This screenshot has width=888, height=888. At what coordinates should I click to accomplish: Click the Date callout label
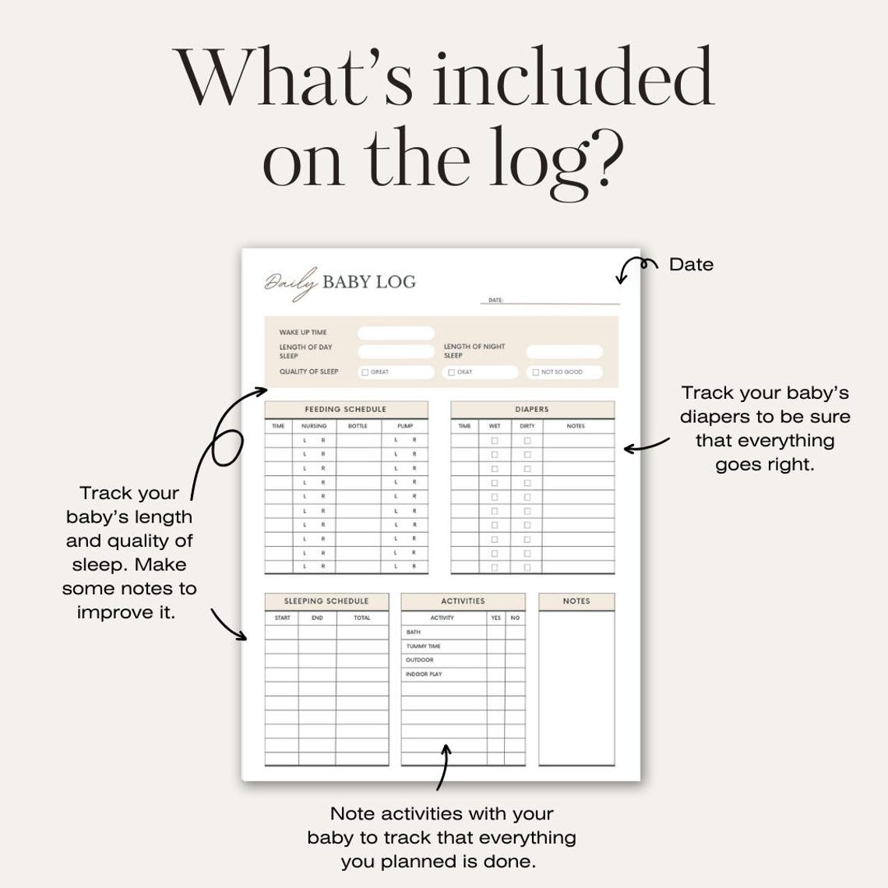pos(691,265)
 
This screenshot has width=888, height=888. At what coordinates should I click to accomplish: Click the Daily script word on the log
pos(290,282)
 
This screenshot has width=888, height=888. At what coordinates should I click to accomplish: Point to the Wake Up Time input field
pos(396,333)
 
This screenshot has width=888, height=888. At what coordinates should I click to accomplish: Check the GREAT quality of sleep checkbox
pos(365,372)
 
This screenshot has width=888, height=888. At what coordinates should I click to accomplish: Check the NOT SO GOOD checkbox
pos(535,372)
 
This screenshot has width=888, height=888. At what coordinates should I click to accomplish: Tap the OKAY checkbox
pos(451,372)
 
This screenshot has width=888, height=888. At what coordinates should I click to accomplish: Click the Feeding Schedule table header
pos(346,409)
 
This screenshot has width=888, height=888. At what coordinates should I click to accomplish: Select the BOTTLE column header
pos(358,426)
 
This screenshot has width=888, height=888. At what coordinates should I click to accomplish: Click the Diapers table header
pos(532,409)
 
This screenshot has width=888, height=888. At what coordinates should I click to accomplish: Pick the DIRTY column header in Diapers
pos(527,426)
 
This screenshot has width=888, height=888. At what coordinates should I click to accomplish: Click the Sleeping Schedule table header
pos(326,601)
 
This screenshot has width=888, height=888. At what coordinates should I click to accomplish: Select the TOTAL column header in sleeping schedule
pos(362,618)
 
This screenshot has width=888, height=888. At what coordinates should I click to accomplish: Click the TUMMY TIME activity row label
pos(423,647)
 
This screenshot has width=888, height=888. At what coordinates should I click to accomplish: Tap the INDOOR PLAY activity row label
pos(424,675)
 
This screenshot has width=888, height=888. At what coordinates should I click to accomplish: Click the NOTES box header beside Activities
pos(576,601)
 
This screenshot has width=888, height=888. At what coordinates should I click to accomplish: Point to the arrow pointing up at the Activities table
pos(444,767)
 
